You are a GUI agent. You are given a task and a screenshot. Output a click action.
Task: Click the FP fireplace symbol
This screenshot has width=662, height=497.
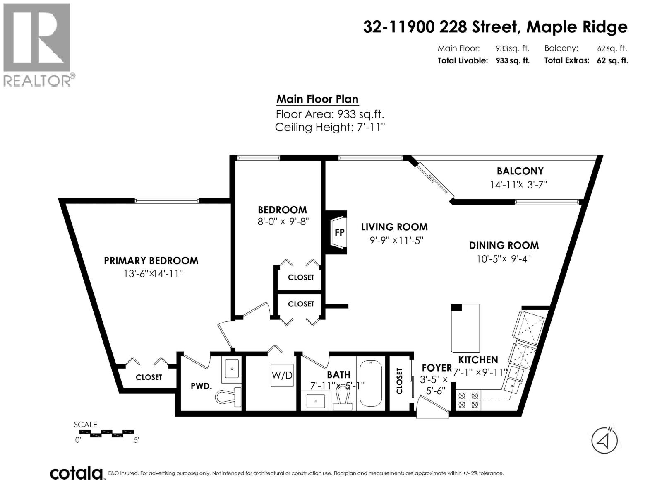[x=338, y=232]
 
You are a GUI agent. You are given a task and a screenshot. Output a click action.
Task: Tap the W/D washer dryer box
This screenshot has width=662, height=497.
[x=282, y=375]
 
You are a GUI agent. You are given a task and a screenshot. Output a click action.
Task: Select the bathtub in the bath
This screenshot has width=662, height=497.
[x=371, y=383]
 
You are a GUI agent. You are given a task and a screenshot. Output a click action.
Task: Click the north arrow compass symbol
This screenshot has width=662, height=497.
[x=604, y=440]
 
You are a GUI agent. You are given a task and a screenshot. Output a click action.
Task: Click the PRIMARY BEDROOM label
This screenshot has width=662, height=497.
[x=151, y=261]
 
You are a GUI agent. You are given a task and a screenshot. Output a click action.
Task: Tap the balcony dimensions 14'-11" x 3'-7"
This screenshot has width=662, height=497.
[x=518, y=185]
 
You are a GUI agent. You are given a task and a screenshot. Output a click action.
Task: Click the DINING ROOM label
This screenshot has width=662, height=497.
[x=504, y=245]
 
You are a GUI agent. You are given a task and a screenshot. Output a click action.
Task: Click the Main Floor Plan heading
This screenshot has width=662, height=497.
[x=317, y=99]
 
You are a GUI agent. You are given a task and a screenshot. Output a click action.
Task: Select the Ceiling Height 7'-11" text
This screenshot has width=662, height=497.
[x=330, y=127]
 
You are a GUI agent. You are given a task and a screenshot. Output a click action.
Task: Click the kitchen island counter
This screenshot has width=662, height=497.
[x=465, y=327]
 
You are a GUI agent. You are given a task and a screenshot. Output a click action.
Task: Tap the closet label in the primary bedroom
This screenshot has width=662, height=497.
[x=149, y=377]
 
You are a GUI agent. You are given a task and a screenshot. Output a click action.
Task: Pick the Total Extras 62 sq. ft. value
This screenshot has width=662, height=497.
[x=612, y=60]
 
